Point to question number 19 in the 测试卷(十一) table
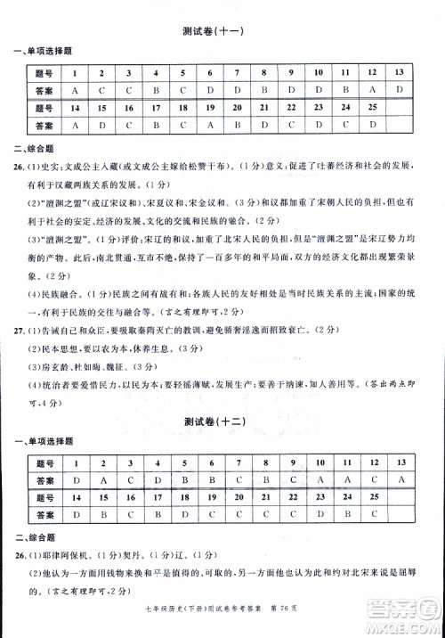pos(211,108)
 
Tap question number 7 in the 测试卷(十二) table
pos(239,462)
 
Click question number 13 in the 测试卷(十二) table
pos(400,462)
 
